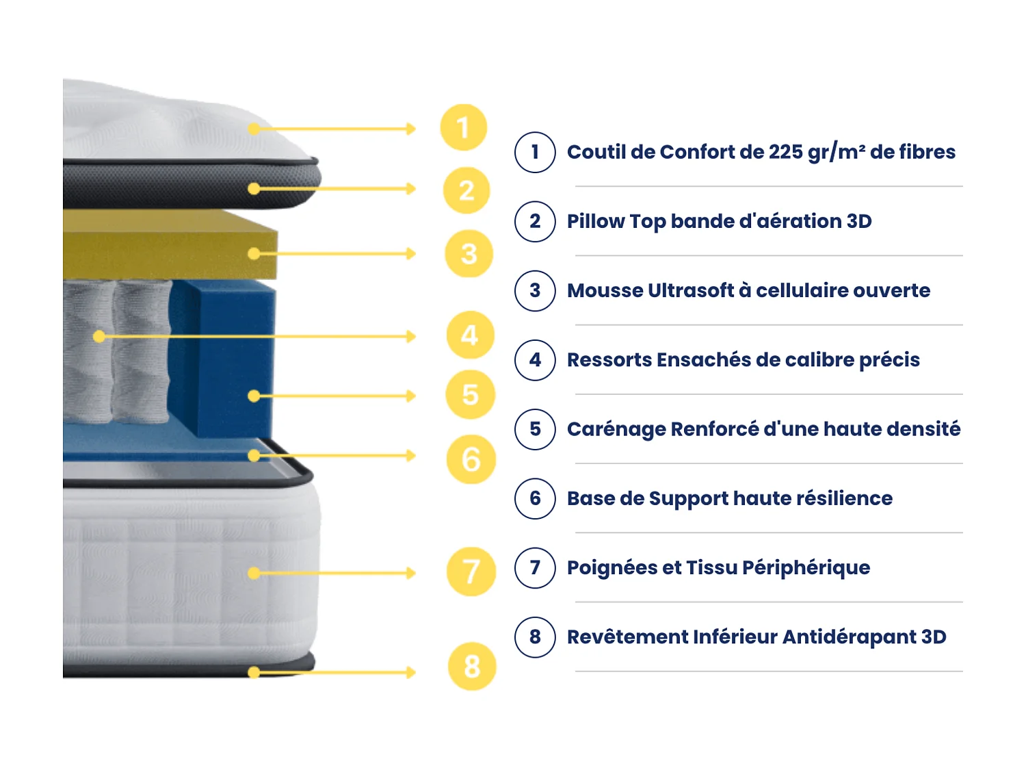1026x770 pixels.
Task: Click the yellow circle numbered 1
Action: coord(463,127)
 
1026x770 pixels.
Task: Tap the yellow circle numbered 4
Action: coord(470,335)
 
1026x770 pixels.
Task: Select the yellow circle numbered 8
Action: coord(471,666)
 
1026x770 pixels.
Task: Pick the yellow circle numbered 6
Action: coord(471,459)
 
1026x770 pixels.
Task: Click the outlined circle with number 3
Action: coord(535,291)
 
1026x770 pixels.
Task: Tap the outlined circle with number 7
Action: coord(535,567)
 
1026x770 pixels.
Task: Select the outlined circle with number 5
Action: coord(535,429)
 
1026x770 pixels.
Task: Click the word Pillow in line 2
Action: coord(595,222)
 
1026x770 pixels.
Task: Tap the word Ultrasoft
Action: coord(691,291)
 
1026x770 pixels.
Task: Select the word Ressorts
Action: coord(609,360)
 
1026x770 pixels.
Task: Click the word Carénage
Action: coord(616,429)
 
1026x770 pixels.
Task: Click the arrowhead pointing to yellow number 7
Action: coord(411,573)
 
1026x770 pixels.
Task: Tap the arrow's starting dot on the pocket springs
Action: coord(99,336)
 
